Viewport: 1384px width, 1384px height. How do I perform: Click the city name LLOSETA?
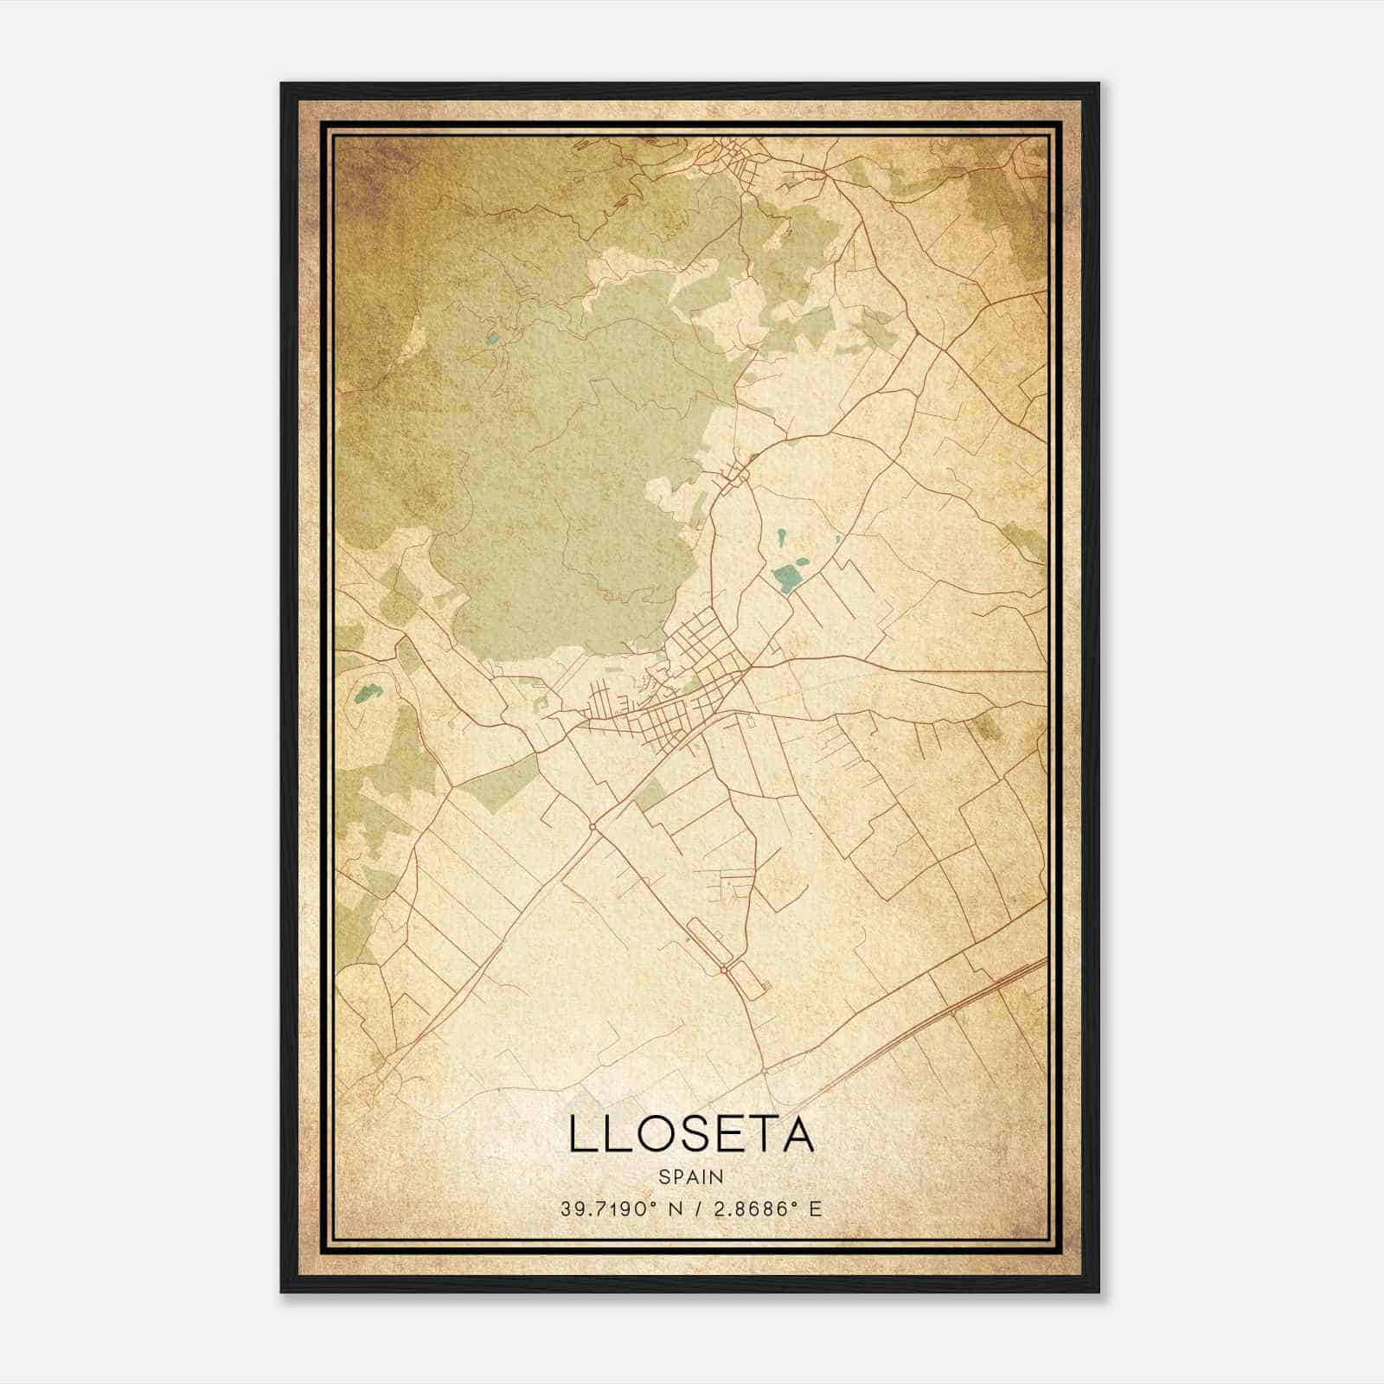[691, 1134]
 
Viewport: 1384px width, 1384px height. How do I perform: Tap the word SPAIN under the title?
[691, 1176]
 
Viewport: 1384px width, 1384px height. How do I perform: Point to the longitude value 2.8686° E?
[765, 1208]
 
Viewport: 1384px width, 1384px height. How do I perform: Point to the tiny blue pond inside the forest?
[493, 340]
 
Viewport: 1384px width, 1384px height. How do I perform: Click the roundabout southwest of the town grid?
[591, 827]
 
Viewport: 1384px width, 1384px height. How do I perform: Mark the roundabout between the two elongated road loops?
[723, 971]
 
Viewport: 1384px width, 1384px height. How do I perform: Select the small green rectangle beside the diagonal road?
[651, 794]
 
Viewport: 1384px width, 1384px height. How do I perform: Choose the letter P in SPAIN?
[676, 1176]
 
